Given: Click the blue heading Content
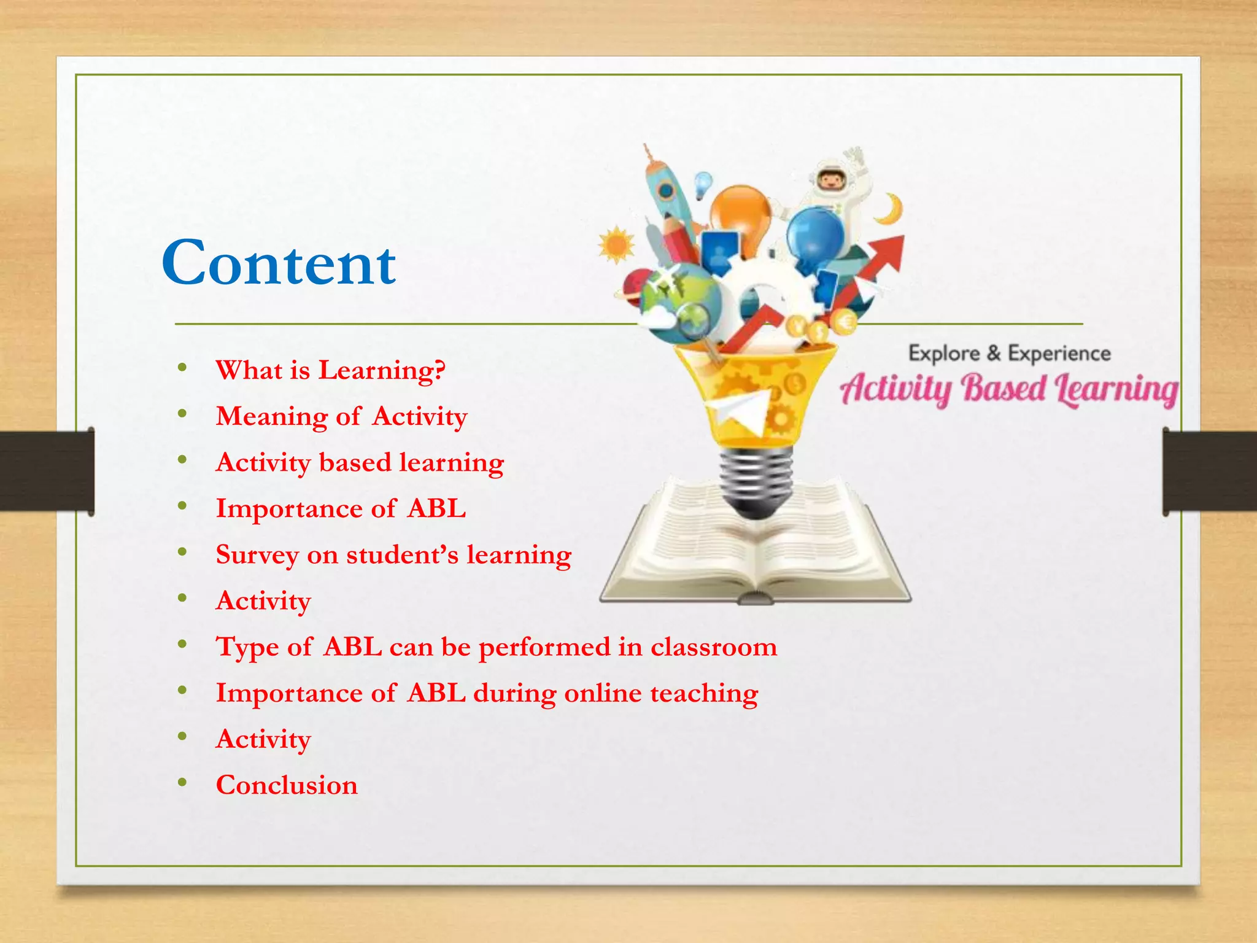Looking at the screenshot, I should pyautogui.click(x=279, y=263).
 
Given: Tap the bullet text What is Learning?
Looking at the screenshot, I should pyautogui.click(x=330, y=370).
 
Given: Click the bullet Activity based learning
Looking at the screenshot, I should pyautogui.click(x=360, y=462).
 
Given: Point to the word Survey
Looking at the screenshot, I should pyautogui.click(x=257, y=555).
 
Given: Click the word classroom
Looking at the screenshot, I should pyautogui.click(x=714, y=647).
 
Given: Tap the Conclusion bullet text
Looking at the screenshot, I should pyautogui.click(x=287, y=785).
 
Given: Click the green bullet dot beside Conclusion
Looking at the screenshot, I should pyautogui.click(x=182, y=783).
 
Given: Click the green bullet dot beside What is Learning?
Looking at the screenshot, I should pyautogui.click(x=182, y=368).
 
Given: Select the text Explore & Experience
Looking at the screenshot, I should pyautogui.click(x=1009, y=354).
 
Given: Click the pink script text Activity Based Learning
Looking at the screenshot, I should pyautogui.click(x=1008, y=389).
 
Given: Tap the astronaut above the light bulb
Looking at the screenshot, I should pyautogui.click(x=835, y=184).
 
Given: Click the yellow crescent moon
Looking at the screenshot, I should pyautogui.click(x=891, y=209).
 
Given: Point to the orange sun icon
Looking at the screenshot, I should pyautogui.click(x=616, y=245).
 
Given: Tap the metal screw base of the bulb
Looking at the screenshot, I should pyautogui.click(x=755, y=483).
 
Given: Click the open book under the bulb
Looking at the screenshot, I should pyautogui.click(x=755, y=553).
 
